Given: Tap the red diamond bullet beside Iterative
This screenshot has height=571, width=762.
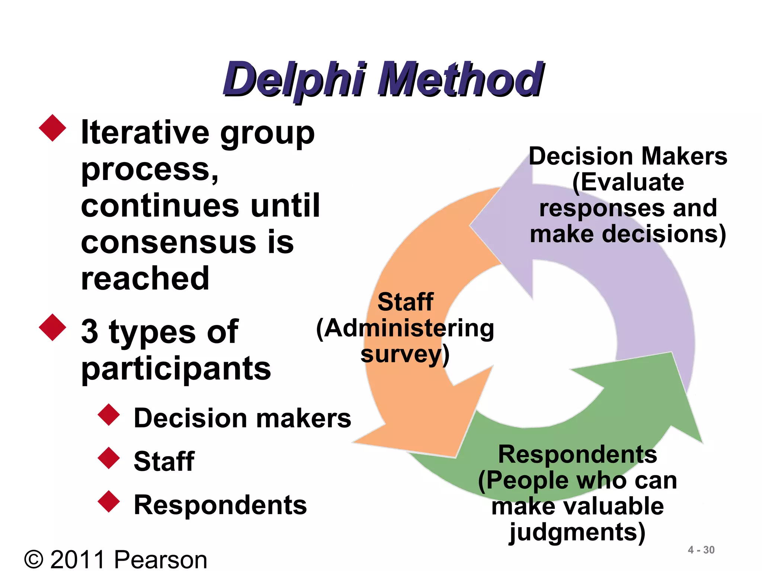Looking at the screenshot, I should point(52,128).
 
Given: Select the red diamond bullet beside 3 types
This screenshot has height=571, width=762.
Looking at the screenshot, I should point(52,328).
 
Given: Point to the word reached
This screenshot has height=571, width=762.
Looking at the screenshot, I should point(145,278).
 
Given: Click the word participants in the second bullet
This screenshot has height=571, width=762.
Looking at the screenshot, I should point(176,368).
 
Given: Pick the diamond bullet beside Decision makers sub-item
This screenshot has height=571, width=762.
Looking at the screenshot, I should point(109,414).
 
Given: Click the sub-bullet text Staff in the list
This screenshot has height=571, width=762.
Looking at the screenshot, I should point(164,461).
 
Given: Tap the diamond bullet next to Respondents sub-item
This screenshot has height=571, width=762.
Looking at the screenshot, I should point(109,501).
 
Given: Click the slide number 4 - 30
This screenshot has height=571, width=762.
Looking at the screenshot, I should point(701,550).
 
